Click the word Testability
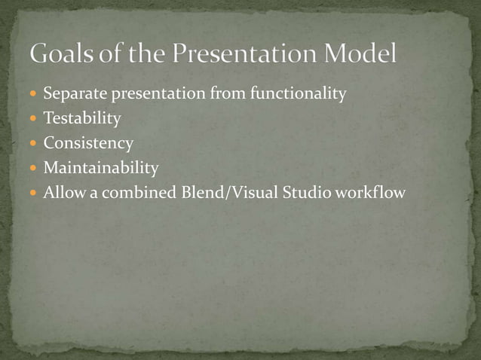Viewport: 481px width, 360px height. pos(82,119)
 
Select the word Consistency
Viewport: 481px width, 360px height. pos(88,143)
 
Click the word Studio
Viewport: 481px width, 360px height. pos(308,193)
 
